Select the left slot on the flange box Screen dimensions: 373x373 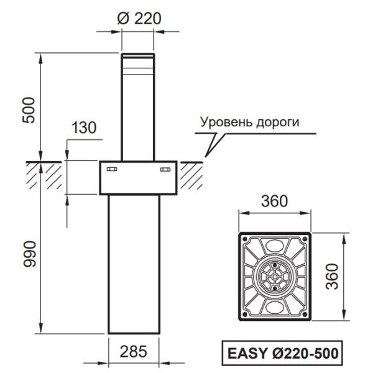coord(112,169)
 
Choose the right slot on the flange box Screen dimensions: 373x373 coord(165,169)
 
